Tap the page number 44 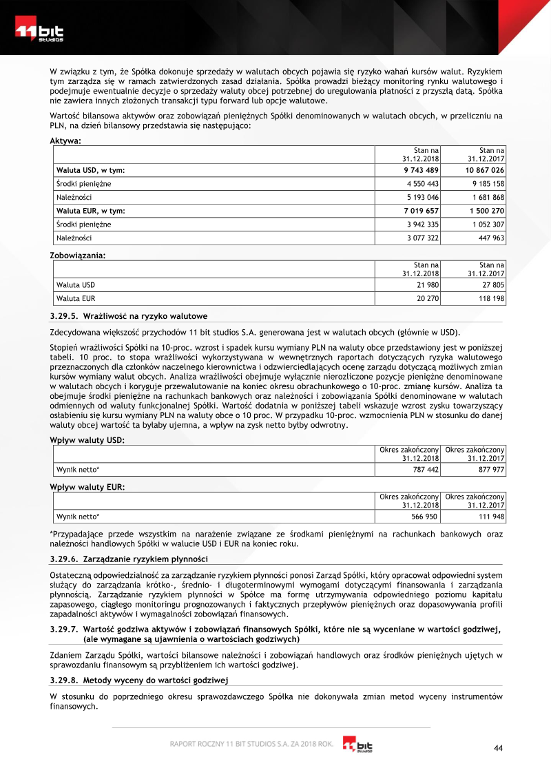point(499,749)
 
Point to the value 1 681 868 point(487,197)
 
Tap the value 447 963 point(490,238)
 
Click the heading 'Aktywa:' point(66,141)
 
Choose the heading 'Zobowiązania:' point(78,256)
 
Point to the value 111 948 point(490,516)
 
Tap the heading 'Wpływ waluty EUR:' point(87,487)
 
